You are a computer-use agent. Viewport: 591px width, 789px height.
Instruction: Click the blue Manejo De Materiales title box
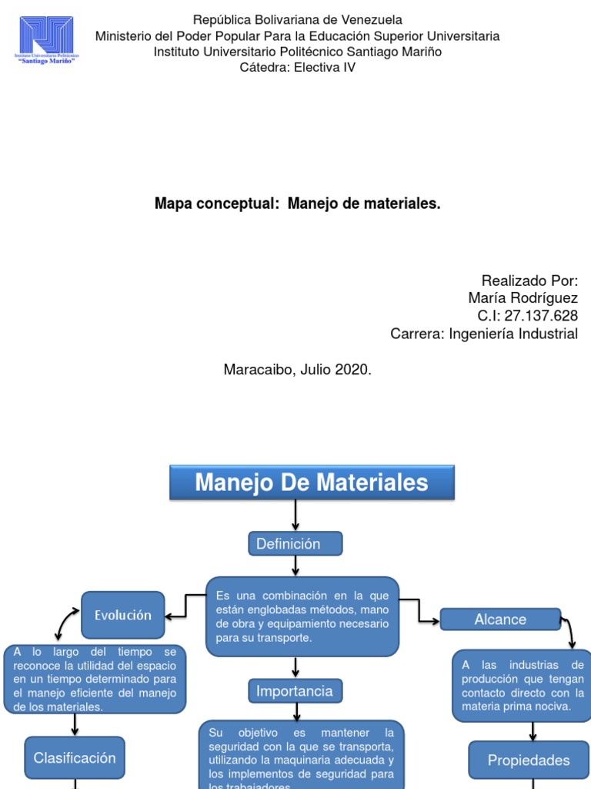click(312, 483)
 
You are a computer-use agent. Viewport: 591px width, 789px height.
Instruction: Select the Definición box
click(295, 544)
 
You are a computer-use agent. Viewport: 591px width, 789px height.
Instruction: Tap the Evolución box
click(123, 615)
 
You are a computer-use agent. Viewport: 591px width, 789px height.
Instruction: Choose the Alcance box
click(500, 619)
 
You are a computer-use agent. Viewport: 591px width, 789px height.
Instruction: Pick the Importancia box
click(295, 691)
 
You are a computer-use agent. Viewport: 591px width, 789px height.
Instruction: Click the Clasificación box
click(75, 758)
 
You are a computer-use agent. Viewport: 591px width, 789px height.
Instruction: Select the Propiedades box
click(529, 760)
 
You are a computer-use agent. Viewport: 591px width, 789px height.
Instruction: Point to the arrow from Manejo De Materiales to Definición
click(295, 515)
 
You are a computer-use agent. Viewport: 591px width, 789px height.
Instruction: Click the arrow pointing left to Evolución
click(176, 616)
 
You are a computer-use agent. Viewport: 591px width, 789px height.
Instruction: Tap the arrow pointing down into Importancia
click(295, 667)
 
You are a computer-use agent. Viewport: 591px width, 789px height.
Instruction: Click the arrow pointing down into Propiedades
click(533, 732)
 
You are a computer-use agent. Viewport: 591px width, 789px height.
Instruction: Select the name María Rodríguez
click(523, 297)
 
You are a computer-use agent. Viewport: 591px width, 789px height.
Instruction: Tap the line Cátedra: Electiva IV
click(298, 67)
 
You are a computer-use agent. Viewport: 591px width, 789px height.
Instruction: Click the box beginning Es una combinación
click(302, 616)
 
